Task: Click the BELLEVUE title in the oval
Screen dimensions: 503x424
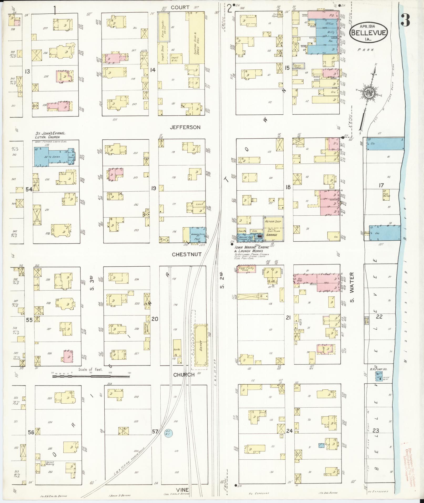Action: [369, 33]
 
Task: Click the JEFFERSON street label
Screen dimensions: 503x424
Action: [185, 127]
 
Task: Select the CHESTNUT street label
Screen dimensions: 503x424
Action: [187, 254]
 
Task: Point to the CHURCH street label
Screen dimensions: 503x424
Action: [184, 374]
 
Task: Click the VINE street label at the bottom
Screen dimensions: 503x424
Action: [183, 490]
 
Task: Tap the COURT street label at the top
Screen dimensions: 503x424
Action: [180, 7]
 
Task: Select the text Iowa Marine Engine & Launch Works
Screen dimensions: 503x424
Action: [252, 249]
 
